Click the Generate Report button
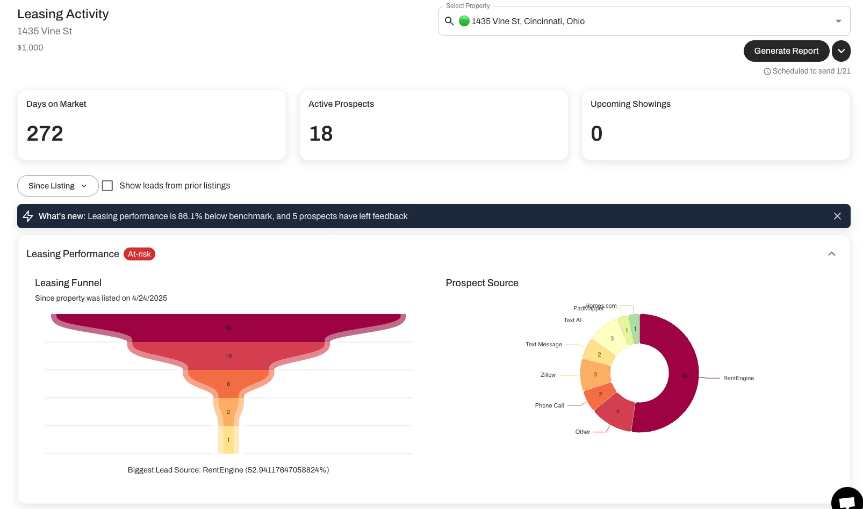pos(786,51)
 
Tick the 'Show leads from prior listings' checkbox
pos(107,186)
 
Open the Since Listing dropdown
pos(57,186)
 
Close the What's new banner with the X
pos(837,216)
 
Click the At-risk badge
pos(139,254)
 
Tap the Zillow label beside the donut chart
pos(548,375)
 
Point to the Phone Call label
pos(549,406)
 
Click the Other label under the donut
pos(582,432)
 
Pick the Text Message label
pos(543,345)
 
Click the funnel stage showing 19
pos(228,356)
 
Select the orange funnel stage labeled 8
pos(228,384)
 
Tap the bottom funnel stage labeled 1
pos(228,440)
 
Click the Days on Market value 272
pos(45,134)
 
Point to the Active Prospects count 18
pos(321,134)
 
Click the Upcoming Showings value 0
pos(596,134)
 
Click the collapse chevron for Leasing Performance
pos(831,254)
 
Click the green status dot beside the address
pos(464,21)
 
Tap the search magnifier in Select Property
pos(449,21)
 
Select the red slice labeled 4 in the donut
pos(617,412)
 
